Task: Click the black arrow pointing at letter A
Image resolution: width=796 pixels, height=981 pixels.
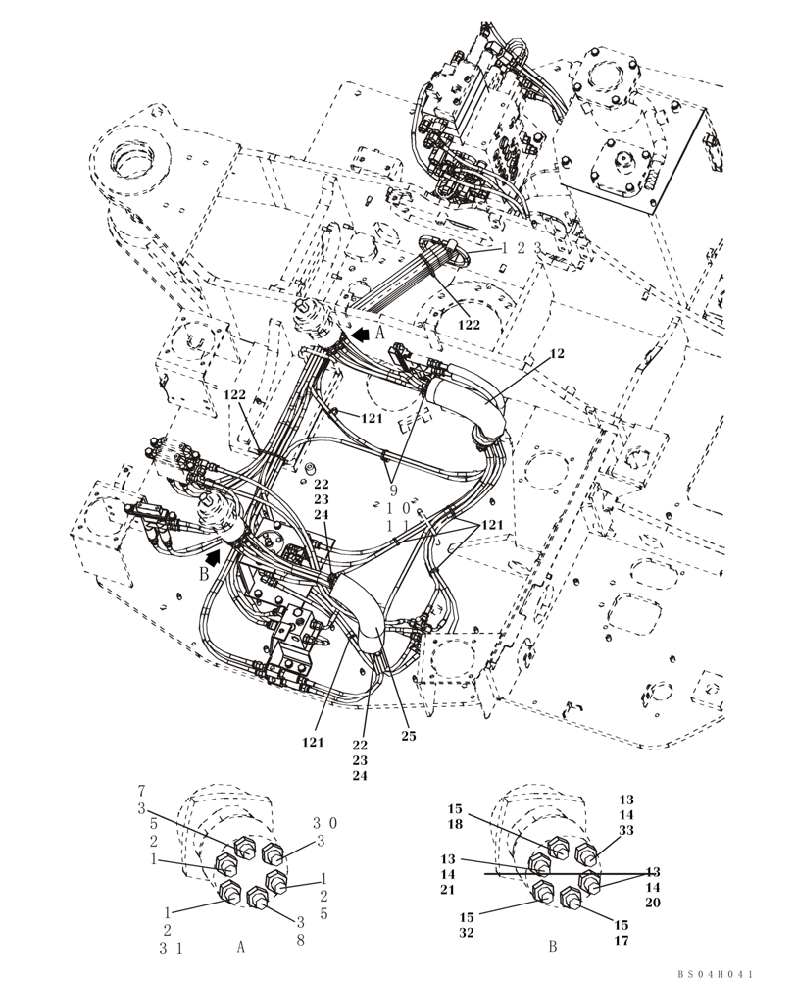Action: click(x=362, y=335)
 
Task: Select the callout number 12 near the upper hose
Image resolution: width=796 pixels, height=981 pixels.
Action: click(x=558, y=353)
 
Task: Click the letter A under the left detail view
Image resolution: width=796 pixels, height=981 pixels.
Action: click(x=241, y=947)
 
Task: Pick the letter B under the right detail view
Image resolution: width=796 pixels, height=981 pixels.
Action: click(x=552, y=947)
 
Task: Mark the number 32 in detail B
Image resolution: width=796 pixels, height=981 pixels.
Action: click(x=467, y=933)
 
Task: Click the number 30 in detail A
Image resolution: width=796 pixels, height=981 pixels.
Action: click(x=325, y=824)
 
